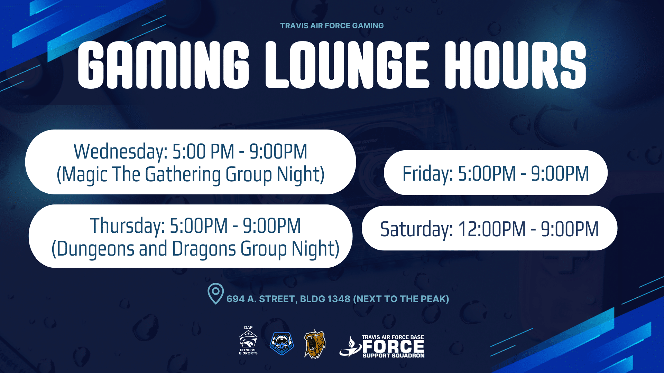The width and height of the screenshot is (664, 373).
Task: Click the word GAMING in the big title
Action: tap(163, 65)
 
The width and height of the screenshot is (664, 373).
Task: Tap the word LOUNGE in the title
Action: tap(347, 65)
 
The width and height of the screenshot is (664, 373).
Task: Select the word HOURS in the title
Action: tap(515, 65)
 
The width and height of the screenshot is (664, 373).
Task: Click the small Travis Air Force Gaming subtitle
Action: tap(332, 26)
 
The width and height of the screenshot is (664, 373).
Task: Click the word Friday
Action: tap(428, 174)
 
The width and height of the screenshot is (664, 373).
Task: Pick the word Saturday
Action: tap(417, 229)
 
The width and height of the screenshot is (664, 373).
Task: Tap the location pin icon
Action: tap(215, 294)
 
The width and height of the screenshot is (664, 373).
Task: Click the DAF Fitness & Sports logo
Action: tap(248, 341)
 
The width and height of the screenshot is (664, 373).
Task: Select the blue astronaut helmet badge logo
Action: tap(282, 343)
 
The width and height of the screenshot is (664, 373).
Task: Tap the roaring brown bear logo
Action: tap(315, 344)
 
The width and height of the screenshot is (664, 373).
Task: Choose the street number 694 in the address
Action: tap(236, 299)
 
